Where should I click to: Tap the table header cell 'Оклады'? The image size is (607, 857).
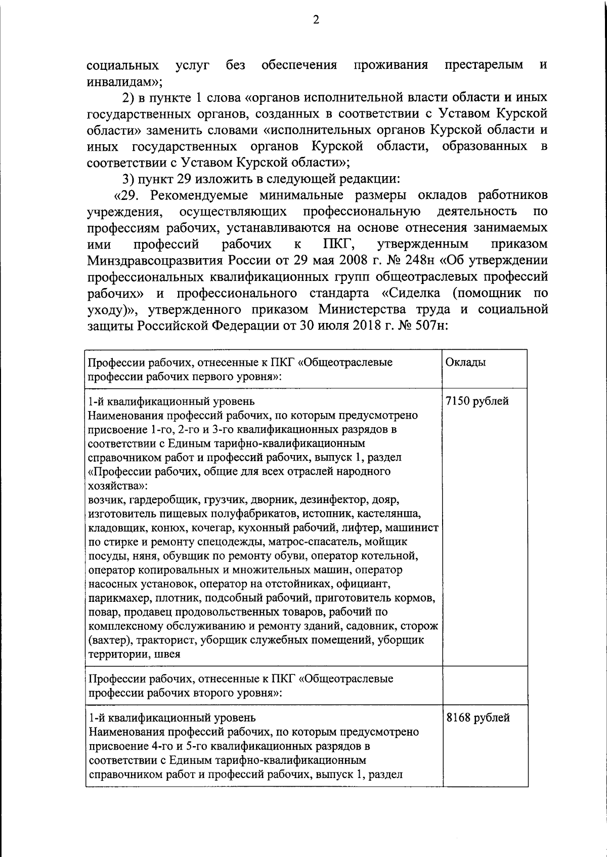[465, 363]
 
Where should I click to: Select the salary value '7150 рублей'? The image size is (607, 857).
[477, 402]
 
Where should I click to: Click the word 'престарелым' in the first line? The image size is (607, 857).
[484, 65]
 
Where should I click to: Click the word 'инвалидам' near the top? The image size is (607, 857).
[122, 81]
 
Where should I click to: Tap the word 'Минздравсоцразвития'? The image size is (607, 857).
[165, 261]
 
